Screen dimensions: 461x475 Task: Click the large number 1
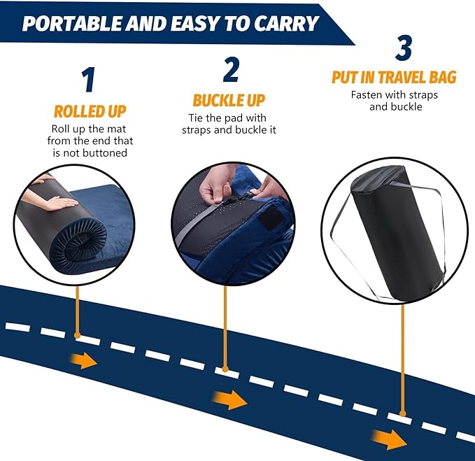point(88,80)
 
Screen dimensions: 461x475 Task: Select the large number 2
point(231,69)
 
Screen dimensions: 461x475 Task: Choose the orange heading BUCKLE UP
point(229,100)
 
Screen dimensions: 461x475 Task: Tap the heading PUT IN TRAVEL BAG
point(394,77)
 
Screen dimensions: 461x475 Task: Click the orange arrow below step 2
point(230,400)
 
